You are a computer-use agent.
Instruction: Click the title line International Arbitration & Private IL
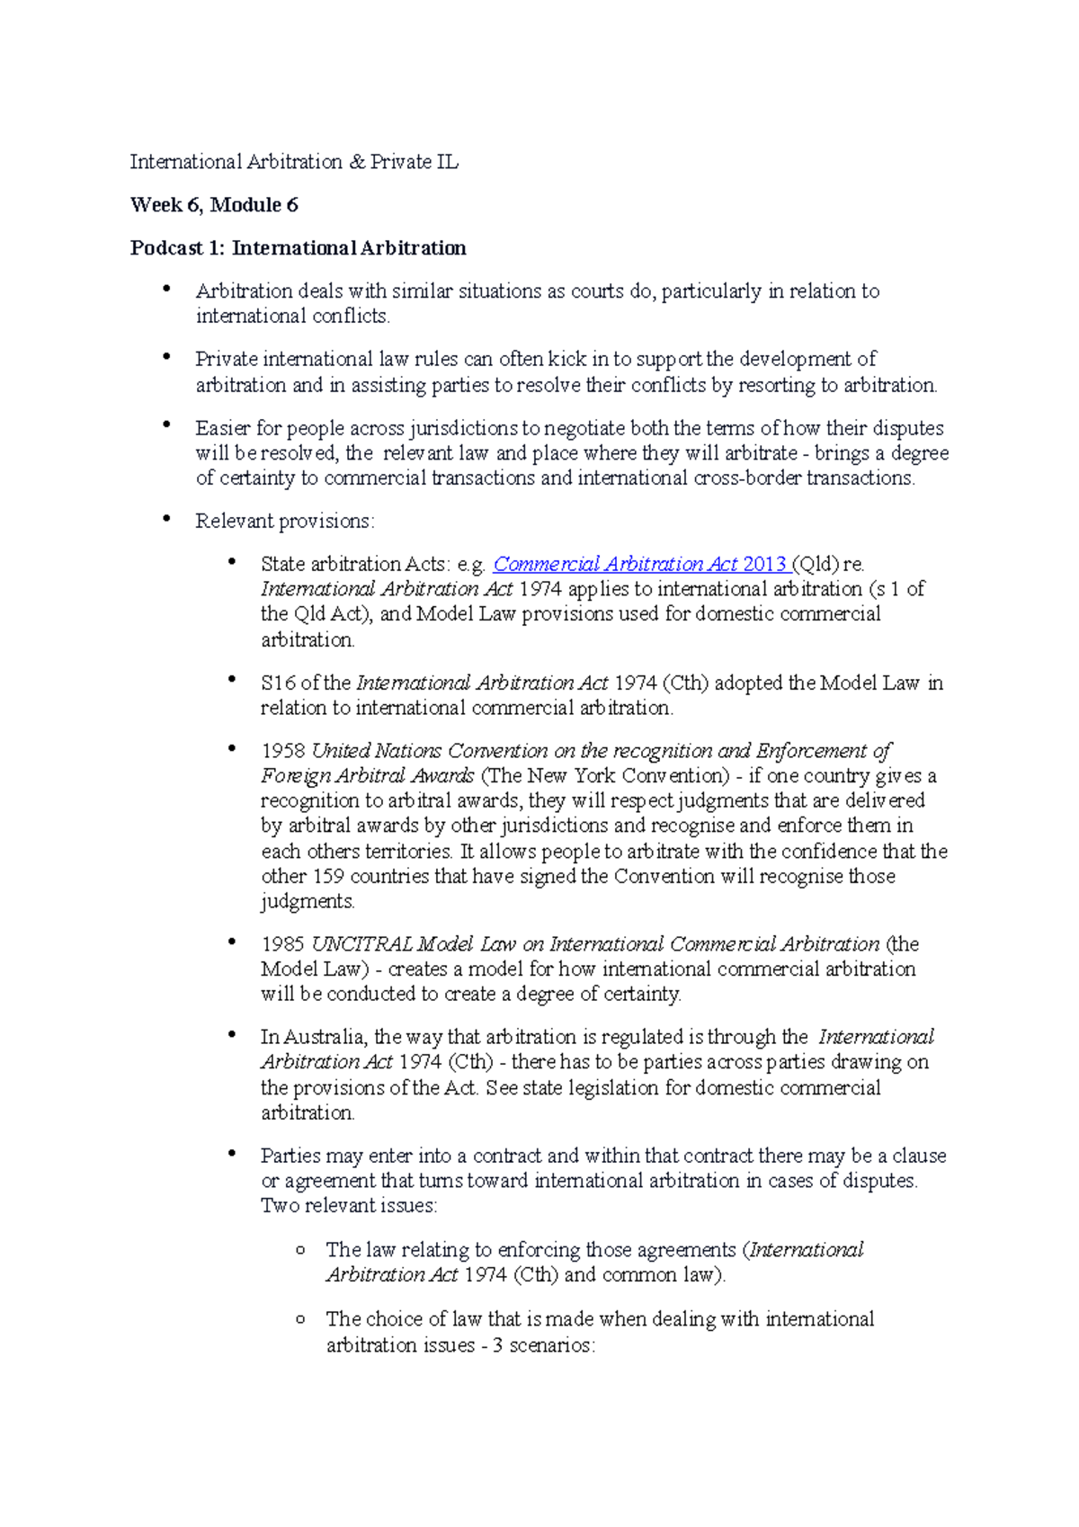[294, 162]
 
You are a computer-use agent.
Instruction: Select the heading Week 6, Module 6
[214, 205]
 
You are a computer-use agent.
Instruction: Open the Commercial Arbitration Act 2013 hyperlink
[640, 565]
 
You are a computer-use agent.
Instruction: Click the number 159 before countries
[328, 877]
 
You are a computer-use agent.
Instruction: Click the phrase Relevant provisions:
[285, 522]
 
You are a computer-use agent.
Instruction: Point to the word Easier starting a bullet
[223, 429]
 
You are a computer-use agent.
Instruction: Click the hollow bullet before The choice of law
[300, 1319]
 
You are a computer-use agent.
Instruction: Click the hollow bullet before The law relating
[300, 1250]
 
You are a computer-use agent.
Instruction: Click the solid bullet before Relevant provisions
[166, 520]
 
